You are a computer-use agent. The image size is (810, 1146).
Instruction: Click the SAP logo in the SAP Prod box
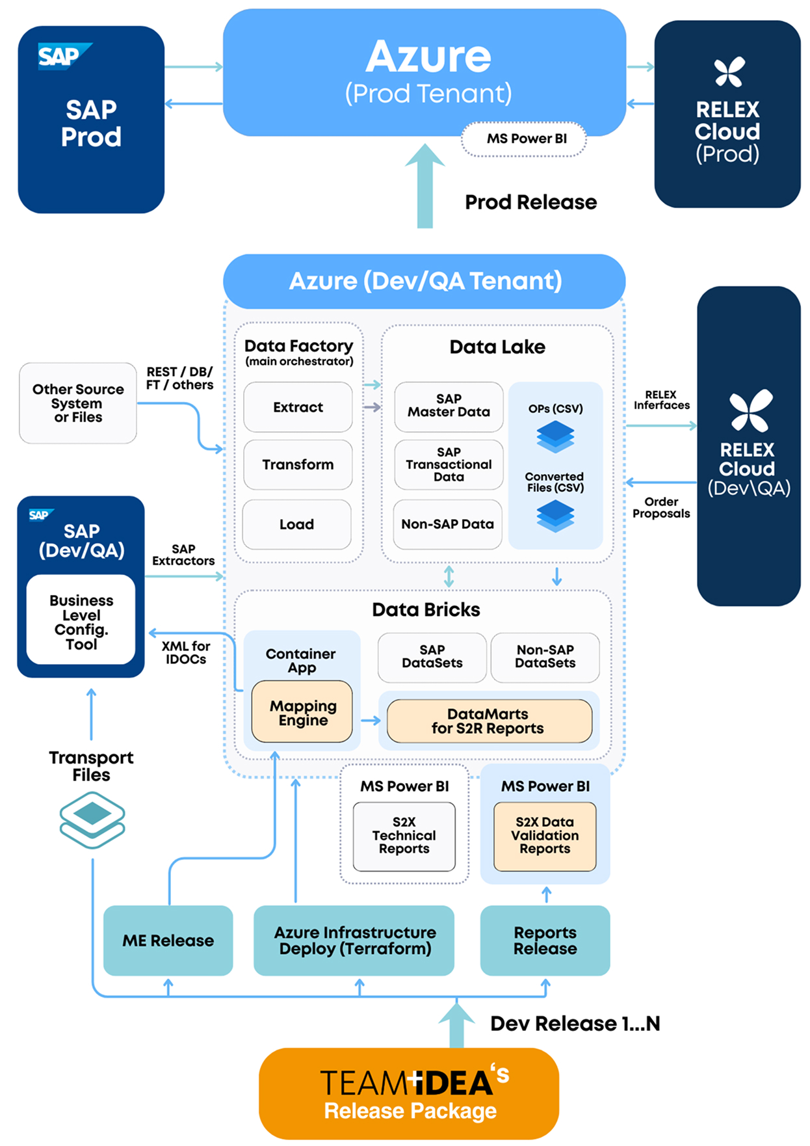coord(63,56)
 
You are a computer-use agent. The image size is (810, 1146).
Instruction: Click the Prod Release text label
coord(530,202)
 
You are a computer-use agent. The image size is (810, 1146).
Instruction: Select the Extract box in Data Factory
coord(298,407)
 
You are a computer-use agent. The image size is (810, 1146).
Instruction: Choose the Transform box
coord(298,464)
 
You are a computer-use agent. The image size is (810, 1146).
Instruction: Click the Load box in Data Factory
coord(296,524)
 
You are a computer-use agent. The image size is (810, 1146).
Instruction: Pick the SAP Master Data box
coord(449,406)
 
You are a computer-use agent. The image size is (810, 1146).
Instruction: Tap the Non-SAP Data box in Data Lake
coord(447,524)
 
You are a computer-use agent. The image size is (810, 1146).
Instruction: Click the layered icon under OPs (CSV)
coord(555,436)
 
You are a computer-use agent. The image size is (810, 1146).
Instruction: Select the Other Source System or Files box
coord(78,403)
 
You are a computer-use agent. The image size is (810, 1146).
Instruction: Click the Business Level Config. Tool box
coord(81,621)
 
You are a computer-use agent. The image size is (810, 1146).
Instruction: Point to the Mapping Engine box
coord(302,712)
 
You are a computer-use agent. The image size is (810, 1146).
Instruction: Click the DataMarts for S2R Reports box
coord(488,721)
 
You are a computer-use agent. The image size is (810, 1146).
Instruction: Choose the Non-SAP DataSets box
coord(545,657)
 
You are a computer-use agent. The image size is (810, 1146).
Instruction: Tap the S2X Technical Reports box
coord(404,836)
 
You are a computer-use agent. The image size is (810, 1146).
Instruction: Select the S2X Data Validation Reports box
coord(545,836)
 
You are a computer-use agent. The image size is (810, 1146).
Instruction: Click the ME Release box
coord(168,940)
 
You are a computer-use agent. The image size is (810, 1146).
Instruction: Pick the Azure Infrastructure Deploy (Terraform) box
coord(354,940)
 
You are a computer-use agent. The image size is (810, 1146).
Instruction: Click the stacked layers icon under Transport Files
coord(92,820)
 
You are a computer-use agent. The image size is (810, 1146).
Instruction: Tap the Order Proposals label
coord(660,508)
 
